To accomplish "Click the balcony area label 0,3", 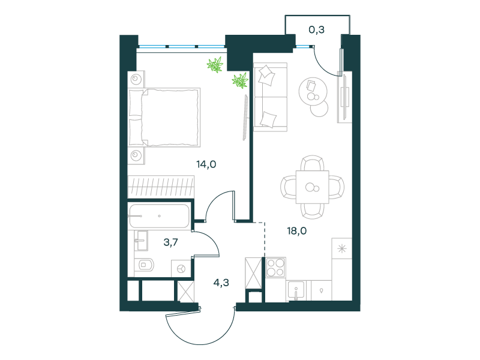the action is click(317, 29).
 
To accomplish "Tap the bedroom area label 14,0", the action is click(206, 164).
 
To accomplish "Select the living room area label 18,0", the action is click(296, 231).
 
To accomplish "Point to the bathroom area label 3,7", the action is click(170, 242).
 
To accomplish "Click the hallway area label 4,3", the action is click(221, 283).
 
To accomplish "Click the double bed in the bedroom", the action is click(164, 118).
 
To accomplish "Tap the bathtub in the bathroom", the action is click(159, 216).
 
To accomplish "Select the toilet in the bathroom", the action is click(146, 265).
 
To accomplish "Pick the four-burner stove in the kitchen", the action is click(276, 267).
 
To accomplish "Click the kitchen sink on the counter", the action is click(295, 290).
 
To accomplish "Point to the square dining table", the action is click(312, 187).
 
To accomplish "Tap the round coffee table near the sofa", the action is click(313, 91).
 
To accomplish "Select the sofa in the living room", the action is click(271, 97).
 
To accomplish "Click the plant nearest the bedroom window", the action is click(215, 65).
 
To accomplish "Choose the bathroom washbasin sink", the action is click(141, 241).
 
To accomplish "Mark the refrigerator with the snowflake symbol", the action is click(341, 248).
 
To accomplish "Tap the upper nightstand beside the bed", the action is click(136, 79).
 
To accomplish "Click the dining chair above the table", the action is click(312, 163).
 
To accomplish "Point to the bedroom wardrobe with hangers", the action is click(161, 187).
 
